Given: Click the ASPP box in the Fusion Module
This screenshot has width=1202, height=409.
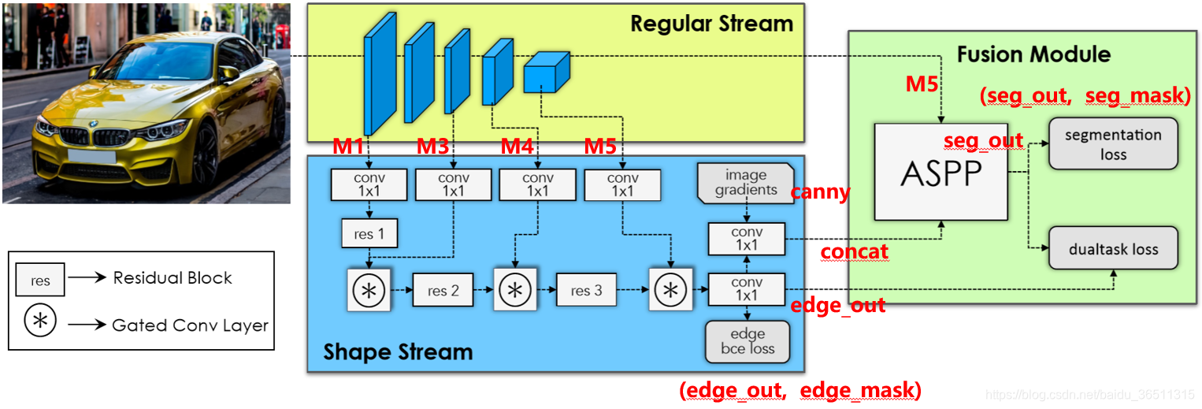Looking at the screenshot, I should click(x=940, y=171).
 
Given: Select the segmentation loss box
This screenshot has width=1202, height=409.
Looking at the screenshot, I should click(x=1112, y=144).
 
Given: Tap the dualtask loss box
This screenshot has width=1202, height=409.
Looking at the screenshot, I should click(x=1113, y=248).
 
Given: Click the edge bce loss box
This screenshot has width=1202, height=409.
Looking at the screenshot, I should click(x=747, y=341).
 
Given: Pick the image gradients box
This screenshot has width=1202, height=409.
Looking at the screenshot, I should click(x=745, y=183).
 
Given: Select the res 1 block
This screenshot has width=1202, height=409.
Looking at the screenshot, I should click(x=369, y=233).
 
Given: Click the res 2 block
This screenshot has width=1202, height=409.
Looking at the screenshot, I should click(x=443, y=291).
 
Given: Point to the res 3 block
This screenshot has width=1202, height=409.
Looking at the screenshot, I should click(x=587, y=291).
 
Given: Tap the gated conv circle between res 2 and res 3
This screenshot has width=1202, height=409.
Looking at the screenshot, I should click(x=516, y=290).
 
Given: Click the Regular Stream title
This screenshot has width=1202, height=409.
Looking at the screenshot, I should click(x=711, y=24).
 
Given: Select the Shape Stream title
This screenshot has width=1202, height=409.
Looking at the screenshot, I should click(x=398, y=351).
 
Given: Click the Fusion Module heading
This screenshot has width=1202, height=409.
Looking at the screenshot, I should click(x=1033, y=54).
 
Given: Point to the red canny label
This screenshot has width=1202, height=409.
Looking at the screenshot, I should click(x=821, y=192).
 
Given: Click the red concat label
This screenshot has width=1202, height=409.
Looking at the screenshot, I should click(x=854, y=252).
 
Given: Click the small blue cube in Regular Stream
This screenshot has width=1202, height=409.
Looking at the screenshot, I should click(x=545, y=73).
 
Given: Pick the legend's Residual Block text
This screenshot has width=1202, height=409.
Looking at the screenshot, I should click(x=173, y=278).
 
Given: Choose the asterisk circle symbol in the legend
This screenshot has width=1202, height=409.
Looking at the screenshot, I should click(x=39, y=324).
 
